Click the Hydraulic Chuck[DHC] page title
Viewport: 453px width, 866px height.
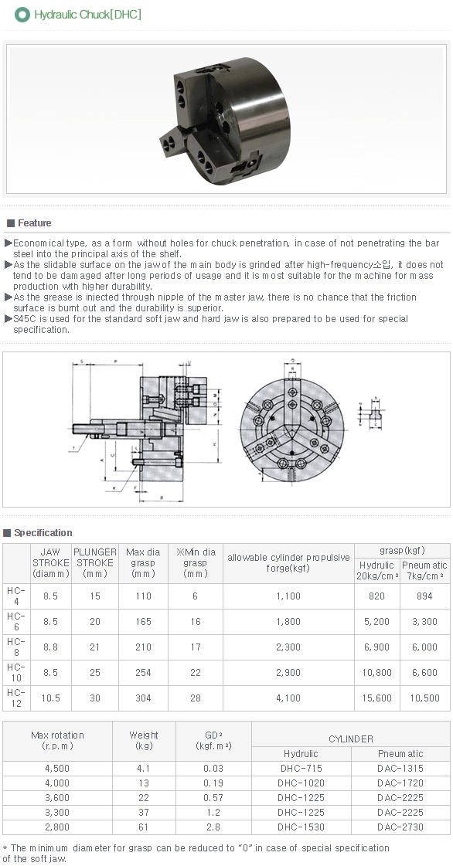click(x=87, y=15)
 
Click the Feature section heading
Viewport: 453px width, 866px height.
click(x=34, y=223)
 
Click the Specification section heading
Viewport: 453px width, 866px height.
click(x=43, y=533)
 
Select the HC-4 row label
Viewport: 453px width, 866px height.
click(x=15, y=596)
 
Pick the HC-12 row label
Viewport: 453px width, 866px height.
click(x=15, y=698)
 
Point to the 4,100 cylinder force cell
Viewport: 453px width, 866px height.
click(x=288, y=698)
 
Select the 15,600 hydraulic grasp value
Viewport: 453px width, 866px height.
click(x=376, y=698)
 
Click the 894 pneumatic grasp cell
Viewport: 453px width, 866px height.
click(x=424, y=596)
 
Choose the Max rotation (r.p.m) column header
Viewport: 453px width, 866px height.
click(x=57, y=740)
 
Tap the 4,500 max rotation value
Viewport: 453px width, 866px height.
click(x=57, y=769)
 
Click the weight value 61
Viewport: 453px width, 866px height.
click(x=144, y=827)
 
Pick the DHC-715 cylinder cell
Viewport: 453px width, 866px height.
click(x=300, y=769)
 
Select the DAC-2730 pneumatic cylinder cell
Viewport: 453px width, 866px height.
click(x=400, y=827)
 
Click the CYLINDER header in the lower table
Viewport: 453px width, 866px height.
click(x=350, y=739)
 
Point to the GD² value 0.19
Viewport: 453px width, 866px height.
click(x=213, y=783)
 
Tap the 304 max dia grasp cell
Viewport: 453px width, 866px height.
click(x=143, y=698)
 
